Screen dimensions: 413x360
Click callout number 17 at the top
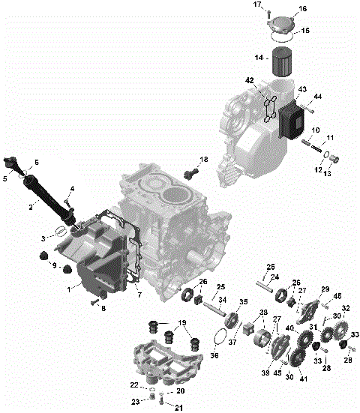(x=256, y=5)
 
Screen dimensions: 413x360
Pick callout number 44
(x=317, y=97)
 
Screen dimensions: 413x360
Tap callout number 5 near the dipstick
(x=5, y=178)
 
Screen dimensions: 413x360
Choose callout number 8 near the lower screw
(x=103, y=308)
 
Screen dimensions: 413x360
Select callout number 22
(x=134, y=385)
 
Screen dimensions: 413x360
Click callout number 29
(x=325, y=289)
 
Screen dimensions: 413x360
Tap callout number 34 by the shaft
(x=222, y=300)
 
